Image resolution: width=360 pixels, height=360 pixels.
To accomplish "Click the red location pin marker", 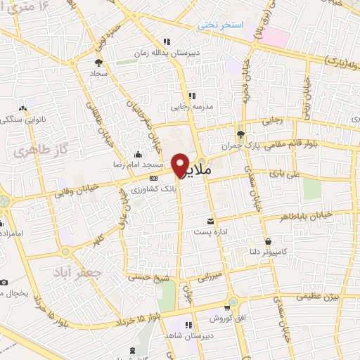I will coord(180,164).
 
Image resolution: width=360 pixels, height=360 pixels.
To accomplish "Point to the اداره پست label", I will coord(209,231).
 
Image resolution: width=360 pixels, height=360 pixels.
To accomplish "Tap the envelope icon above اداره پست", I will coord(209,221).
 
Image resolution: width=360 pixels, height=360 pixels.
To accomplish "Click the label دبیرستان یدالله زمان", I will coord(166,52).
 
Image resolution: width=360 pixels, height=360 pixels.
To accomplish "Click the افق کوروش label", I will coord(226,318).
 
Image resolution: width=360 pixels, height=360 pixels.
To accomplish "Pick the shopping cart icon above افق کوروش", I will coord(226,307).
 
